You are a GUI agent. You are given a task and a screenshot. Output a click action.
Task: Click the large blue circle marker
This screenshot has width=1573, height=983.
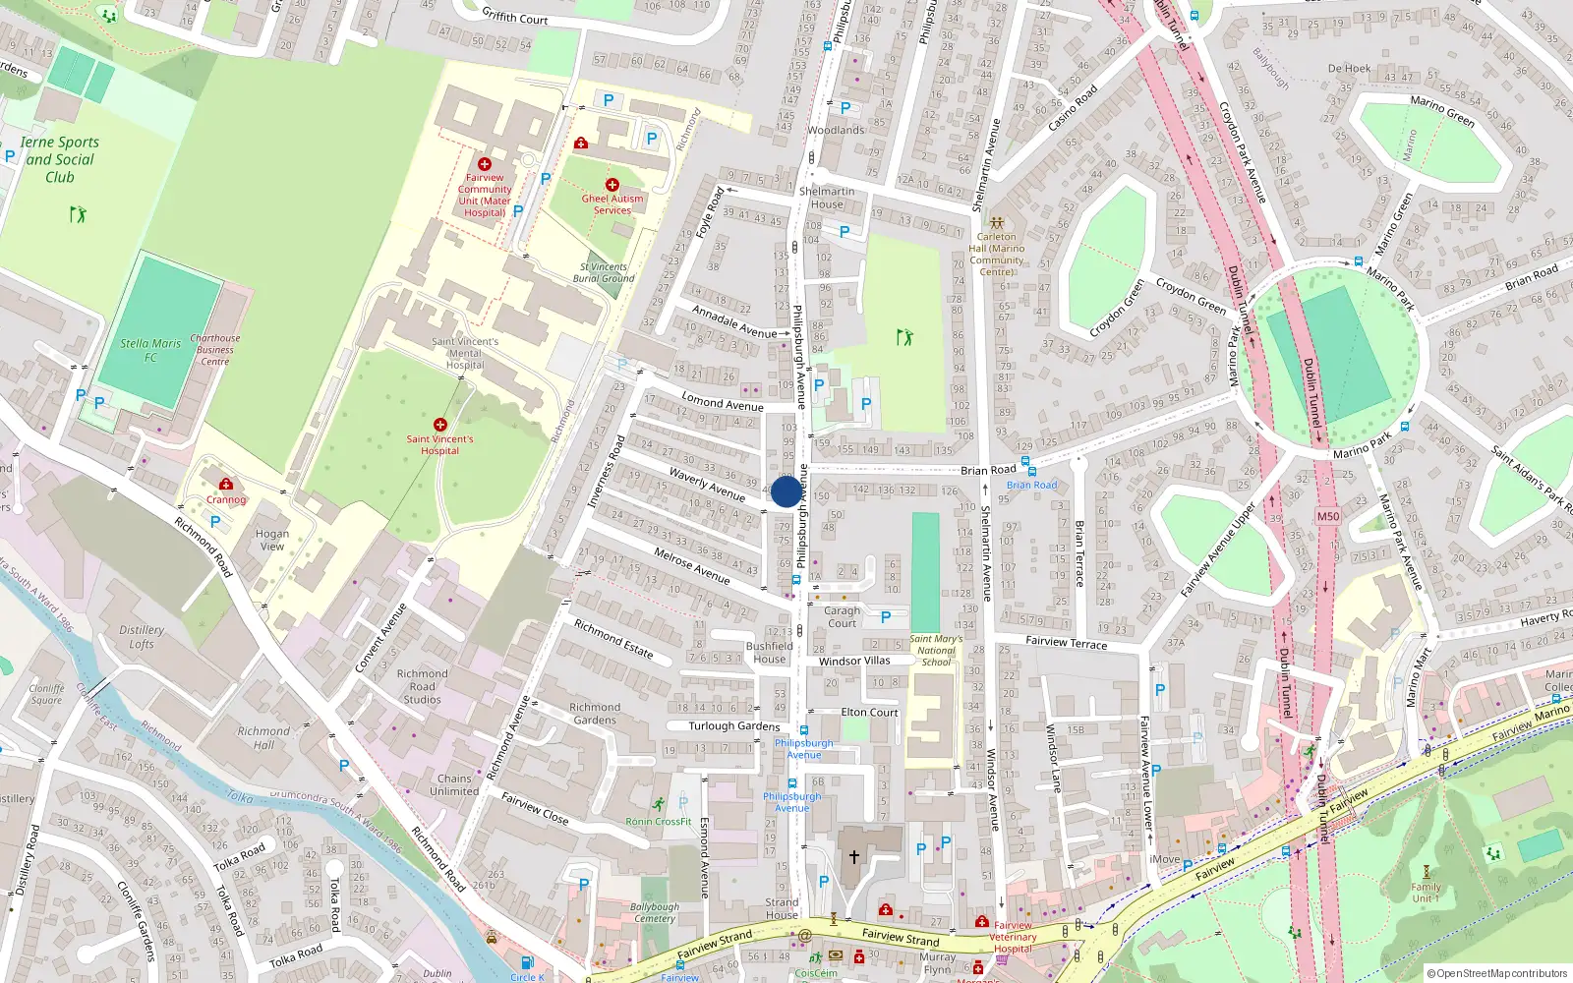pos(786,491)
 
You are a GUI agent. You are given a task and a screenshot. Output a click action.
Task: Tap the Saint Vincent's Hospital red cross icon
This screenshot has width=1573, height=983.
pos(439,425)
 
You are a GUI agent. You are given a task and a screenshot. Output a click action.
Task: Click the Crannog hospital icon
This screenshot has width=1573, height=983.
pos(226,484)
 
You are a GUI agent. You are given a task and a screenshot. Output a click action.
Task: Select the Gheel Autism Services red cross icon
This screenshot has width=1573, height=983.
pos(612,185)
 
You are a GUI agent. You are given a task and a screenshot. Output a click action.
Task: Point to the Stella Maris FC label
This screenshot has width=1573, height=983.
pos(150,350)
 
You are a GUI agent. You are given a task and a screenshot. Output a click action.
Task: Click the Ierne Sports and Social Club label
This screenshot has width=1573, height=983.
pos(60,159)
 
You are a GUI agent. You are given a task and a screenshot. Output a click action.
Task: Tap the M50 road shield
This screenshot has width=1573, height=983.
pos(1327,516)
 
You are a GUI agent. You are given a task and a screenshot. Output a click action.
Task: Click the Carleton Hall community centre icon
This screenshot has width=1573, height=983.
pos(996,223)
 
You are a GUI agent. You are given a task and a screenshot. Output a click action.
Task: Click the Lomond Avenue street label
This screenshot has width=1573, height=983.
pos(723,403)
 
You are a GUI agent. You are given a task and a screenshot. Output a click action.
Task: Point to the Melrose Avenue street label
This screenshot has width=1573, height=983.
pos(692,566)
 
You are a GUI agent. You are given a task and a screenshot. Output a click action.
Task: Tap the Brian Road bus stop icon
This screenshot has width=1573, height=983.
pos(1025,461)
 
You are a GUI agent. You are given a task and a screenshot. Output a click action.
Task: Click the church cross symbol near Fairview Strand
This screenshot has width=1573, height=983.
pos(853,857)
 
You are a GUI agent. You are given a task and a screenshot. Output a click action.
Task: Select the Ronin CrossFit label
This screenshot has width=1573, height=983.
pos(659,821)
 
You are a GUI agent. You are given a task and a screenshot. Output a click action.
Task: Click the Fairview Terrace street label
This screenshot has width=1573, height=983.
pos(1066,643)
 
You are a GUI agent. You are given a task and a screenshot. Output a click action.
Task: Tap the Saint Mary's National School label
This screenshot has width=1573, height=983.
pos(936,650)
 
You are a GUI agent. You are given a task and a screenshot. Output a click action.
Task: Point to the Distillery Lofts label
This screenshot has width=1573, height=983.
pos(142,637)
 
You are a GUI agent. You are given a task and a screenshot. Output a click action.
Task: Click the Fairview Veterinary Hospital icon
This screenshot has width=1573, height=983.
pos(981,921)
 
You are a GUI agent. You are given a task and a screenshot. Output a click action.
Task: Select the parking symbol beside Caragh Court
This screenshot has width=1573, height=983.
pos(886,617)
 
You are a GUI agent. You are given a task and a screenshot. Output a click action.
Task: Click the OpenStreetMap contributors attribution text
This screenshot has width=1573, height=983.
pos(1501,973)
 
